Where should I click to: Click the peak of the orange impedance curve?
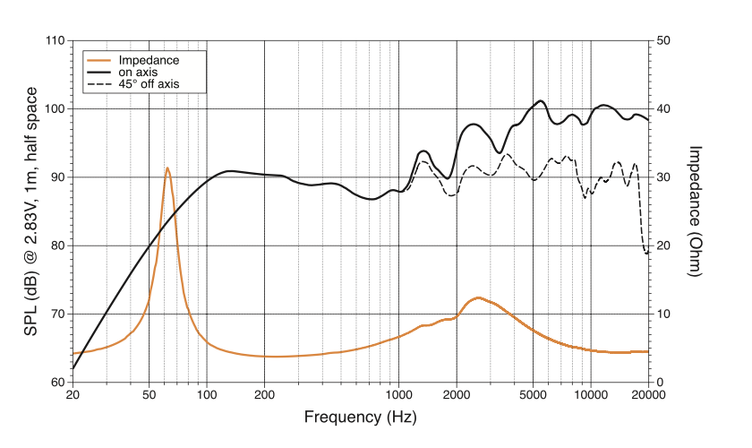click(x=167, y=168)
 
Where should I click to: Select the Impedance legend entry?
click(x=149, y=60)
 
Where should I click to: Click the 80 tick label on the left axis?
click(x=56, y=246)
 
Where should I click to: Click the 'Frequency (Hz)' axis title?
click(x=360, y=418)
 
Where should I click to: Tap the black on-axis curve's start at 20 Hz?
click(x=73, y=368)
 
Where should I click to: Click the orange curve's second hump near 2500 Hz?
click(x=478, y=297)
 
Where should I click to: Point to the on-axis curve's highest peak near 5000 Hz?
click(x=540, y=101)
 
